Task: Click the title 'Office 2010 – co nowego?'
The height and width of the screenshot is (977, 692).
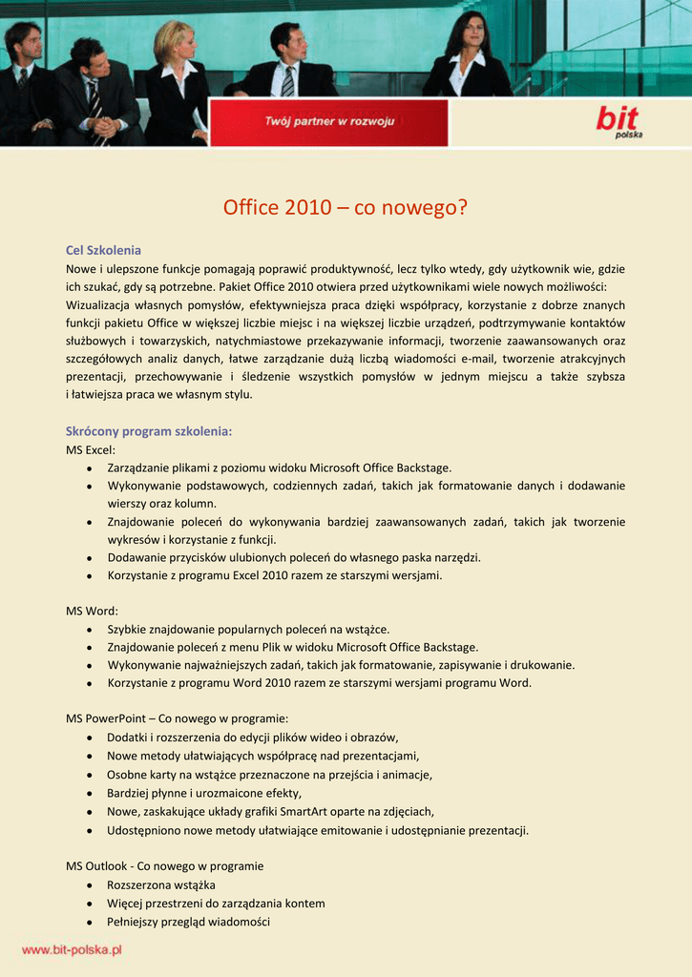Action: pyautogui.click(x=346, y=207)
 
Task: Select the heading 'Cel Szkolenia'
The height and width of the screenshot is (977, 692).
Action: pyautogui.click(x=103, y=250)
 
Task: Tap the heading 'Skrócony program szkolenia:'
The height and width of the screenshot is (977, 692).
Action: pyautogui.click(x=149, y=431)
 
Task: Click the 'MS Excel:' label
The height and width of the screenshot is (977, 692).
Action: pyautogui.click(x=91, y=449)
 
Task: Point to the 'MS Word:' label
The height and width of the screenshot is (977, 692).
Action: pyautogui.click(x=92, y=611)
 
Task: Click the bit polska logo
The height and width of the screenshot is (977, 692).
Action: pyautogui.click(x=619, y=121)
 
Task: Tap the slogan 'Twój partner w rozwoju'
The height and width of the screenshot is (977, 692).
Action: pyautogui.click(x=329, y=121)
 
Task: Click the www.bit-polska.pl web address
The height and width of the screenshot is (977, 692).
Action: pyautogui.click(x=72, y=950)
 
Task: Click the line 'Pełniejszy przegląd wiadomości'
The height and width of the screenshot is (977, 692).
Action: pyautogui.click(x=188, y=922)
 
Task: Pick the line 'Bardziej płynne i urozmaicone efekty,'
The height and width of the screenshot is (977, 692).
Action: pyautogui.click(x=204, y=793)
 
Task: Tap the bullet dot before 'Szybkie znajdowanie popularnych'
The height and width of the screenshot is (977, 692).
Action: pyautogui.click(x=89, y=630)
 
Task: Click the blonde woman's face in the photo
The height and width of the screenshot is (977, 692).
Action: pyautogui.click(x=184, y=43)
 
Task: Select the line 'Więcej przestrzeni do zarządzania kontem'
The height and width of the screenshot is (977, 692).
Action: pyautogui.click(x=216, y=904)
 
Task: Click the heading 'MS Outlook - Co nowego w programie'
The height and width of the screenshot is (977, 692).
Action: pyautogui.click(x=164, y=866)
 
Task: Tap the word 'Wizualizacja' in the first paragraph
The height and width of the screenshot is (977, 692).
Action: pyautogui.click(x=100, y=305)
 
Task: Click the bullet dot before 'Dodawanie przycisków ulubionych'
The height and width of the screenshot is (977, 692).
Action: pyautogui.click(x=89, y=557)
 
